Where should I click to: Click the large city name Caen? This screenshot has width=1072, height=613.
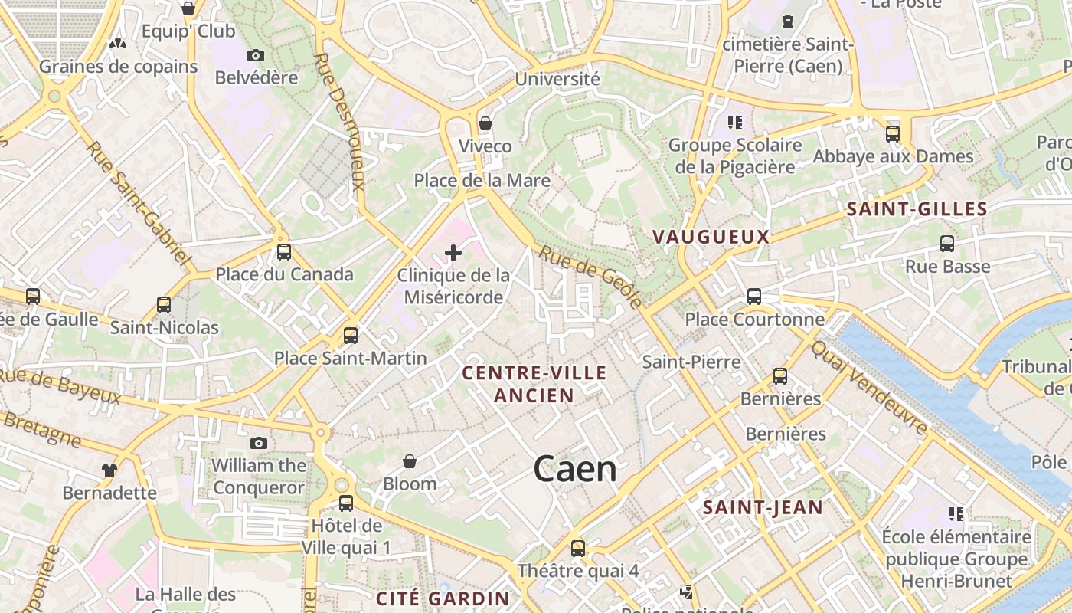[x=575, y=468]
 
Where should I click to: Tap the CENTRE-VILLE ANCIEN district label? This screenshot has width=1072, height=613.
[x=534, y=384]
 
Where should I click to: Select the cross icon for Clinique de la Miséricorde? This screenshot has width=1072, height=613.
[x=453, y=252]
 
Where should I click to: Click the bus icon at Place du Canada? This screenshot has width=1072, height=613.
[x=284, y=251]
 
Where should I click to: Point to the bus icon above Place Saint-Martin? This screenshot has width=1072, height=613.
[x=351, y=335]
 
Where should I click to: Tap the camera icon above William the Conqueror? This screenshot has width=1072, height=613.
[x=259, y=443]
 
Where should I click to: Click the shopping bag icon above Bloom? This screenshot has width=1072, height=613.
[x=410, y=461]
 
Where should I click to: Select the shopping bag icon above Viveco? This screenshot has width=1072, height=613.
[x=485, y=123]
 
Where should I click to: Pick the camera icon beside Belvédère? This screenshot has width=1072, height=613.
[x=256, y=55]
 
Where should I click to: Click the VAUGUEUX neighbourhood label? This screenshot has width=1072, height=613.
[x=711, y=237]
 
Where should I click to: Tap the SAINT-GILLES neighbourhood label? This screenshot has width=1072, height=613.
[x=917, y=209]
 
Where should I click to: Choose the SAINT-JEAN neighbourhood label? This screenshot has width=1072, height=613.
[x=763, y=507]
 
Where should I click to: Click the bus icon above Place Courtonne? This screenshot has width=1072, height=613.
[x=754, y=297]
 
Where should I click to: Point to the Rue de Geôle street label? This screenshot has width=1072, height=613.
[x=591, y=277]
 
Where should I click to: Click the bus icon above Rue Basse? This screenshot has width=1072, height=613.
[x=947, y=244]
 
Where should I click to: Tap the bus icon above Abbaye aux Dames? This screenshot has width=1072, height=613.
[x=893, y=134]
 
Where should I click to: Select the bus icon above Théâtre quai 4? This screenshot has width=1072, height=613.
[x=578, y=548]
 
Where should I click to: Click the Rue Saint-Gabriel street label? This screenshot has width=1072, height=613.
[x=139, y=202]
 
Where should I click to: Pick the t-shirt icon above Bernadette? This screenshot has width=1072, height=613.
[x=109, y=470]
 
